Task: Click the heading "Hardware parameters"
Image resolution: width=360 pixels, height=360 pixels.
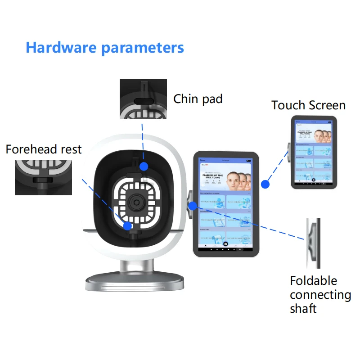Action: coord(105,47)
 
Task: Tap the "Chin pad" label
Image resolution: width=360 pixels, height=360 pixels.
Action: coord(198,99)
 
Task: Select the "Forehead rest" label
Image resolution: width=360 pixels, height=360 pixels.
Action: coord(44,149)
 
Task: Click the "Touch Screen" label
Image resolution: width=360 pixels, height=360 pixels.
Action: coord(308,105)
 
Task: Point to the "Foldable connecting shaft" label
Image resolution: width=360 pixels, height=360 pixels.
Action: coord(320,294)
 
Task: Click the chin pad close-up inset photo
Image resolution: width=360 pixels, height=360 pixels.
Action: coord(143,99)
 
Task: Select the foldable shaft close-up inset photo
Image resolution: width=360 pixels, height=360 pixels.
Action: coord(313,243)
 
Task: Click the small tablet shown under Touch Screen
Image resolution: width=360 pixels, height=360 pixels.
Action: coord(314,152)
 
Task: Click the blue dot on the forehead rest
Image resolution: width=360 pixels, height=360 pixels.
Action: coord(128,226)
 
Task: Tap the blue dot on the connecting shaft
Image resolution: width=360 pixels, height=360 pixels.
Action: coord(193,206)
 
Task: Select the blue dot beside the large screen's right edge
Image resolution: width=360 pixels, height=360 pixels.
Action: coord(265,184)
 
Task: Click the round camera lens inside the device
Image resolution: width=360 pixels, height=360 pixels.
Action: coord(135,202)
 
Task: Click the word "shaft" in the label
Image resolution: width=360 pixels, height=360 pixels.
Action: coord(303,308)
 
